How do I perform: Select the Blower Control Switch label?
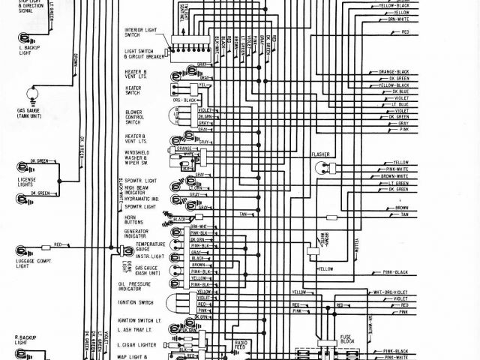pyautogui.click(x=134, y=117)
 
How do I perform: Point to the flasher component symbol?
pyautogui.click(x=322, y=167)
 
